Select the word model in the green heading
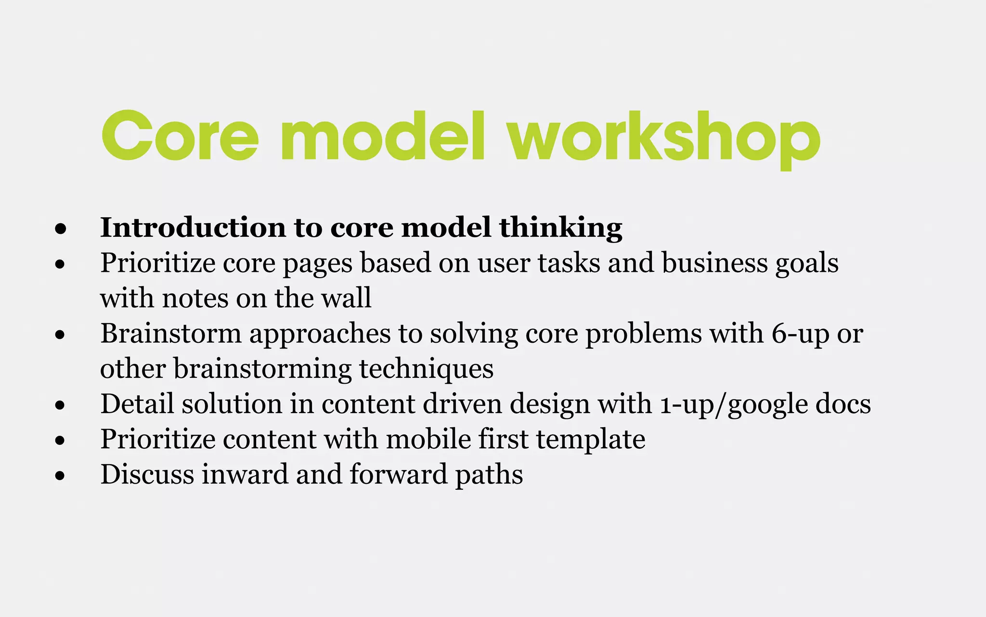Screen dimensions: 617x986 pyautogui.click(x=383, y=136)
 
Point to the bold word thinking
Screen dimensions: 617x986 pyautogui.click(x=561, y=228)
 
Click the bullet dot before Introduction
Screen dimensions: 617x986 pyautogui.click(x=60, y=229)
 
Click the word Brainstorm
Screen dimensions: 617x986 pyautogui.click(x=171, y=334)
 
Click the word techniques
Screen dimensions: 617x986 pyautogui.click(x=426, y=369)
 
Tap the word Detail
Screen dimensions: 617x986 pyautogui.click(x=137, y=404)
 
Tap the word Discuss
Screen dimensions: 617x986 pyautogui.click(x=147, y=474)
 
